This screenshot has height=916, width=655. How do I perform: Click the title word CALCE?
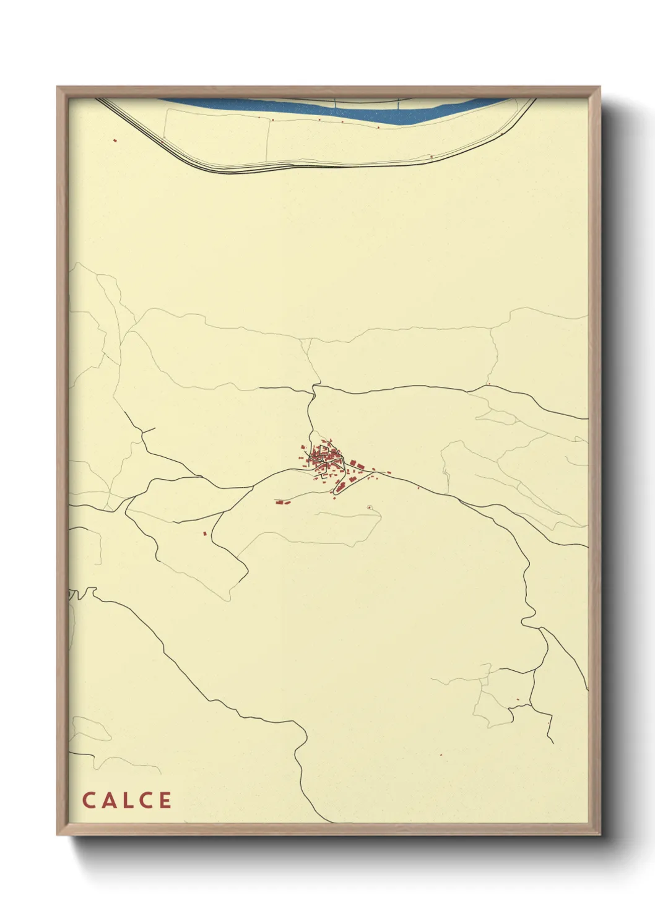coord(127,800)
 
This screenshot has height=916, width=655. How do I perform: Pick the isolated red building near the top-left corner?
coord(115,140)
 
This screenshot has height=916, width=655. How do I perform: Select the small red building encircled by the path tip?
coord(370,508)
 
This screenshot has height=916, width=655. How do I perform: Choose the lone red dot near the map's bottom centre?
coord(440,754)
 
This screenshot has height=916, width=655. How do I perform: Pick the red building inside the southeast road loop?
coord(518,700)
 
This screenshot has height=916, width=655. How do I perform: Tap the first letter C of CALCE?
coord(88,800)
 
